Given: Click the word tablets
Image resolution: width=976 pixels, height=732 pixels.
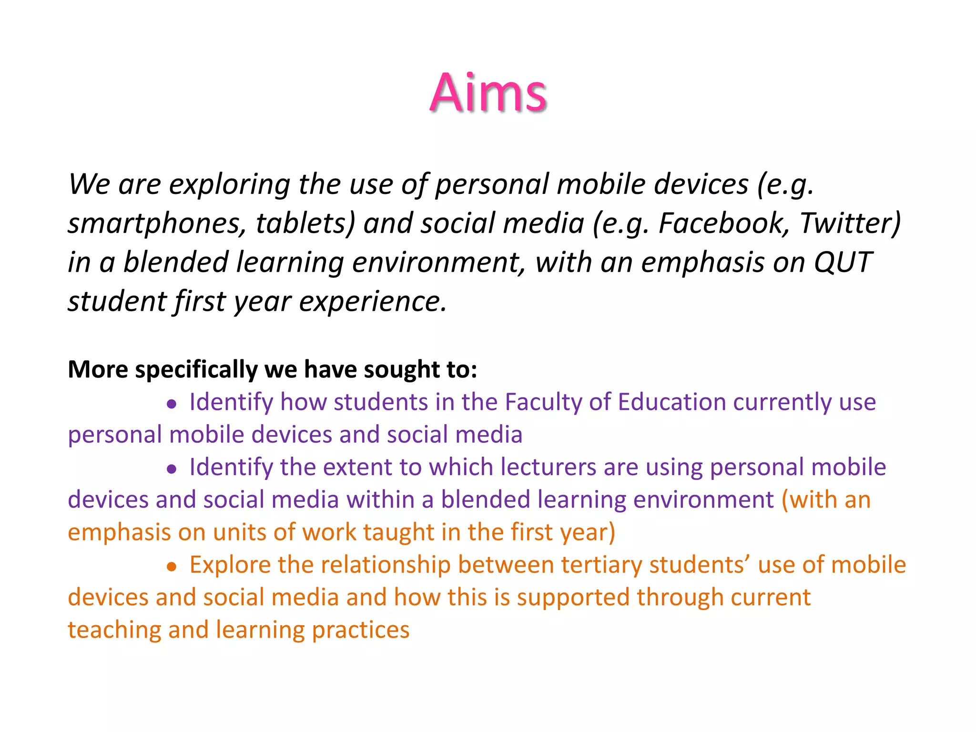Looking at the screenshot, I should [305, 223].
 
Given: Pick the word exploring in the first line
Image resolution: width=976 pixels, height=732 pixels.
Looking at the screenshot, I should [229, 185].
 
